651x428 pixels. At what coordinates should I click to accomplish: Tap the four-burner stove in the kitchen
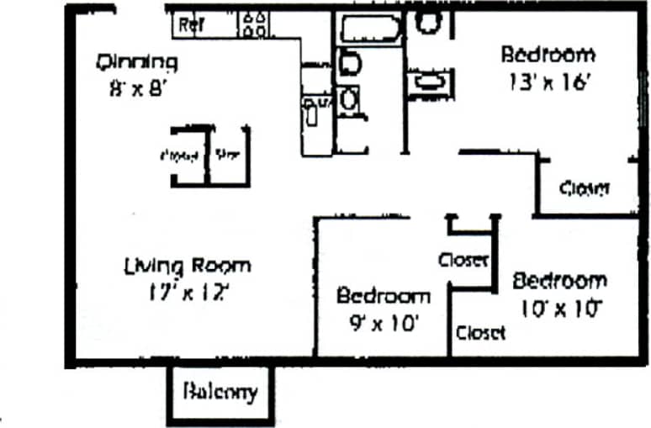click(255, 24)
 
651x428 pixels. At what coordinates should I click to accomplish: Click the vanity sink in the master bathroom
click(427, 82)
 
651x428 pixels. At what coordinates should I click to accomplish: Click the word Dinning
click(137, 61)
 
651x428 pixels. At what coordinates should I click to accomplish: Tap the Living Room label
click(187, 266)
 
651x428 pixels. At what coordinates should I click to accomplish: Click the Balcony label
click(219, 392)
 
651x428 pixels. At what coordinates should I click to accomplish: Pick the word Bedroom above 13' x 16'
click(548, 55)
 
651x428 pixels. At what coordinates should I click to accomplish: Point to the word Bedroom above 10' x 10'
click(559, 280)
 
